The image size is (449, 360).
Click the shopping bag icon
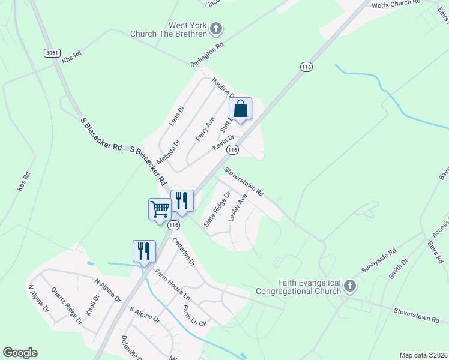click(x=240, y=109)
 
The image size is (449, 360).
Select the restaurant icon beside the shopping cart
click(x=182, y=201)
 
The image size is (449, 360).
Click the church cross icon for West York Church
click(x=217, y=28)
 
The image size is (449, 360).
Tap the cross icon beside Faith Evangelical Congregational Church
click(x=350, y=287)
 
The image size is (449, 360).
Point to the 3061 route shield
click(x=52, y=53)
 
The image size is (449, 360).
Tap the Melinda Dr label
click(x=168, y=152)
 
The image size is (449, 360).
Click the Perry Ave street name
click(x=205, y=129)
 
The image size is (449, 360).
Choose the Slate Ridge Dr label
click(x=217, y=208)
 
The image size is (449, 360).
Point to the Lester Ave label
click(x=238, y=208)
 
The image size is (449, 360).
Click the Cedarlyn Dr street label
click(x=184, y=252)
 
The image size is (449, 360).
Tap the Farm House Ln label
click(x=172, y=285)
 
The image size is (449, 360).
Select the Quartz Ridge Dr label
click(x=67, y=305)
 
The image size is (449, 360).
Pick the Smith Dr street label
click(x=397, y=268)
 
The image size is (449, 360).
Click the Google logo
click(x=20, y=353)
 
